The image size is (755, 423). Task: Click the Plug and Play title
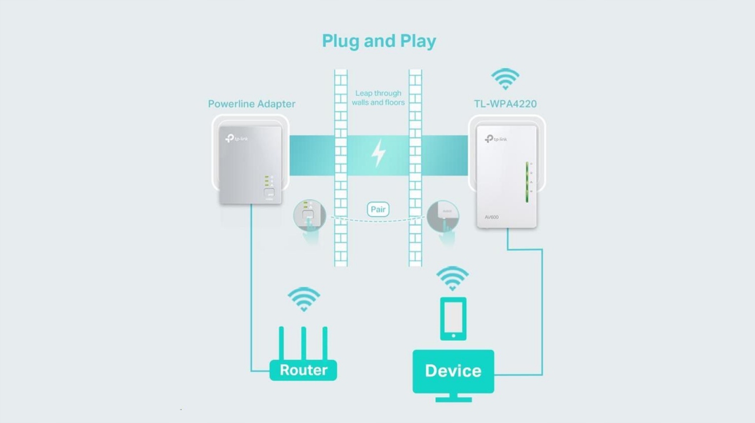(x=379, y=41)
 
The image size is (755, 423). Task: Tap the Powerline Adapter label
(x=251, y=104)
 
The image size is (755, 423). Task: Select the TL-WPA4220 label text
(x=505, y=104)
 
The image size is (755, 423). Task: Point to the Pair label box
(x=378, y=209)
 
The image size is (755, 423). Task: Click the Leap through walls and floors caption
(x=378, y=98)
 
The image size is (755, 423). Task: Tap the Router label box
(x=303, y=370)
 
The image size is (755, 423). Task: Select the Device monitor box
(x=453, y=371)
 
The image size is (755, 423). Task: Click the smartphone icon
(x=453, y=318)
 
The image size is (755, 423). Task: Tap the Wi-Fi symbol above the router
(x=303, y=298)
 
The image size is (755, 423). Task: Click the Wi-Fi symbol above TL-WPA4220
(x=505, y=79)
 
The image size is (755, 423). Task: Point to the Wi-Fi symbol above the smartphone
(x=452, y=277)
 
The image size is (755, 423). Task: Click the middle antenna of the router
(x=303, y=343)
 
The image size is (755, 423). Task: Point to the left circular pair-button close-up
(x=310, y=216)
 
